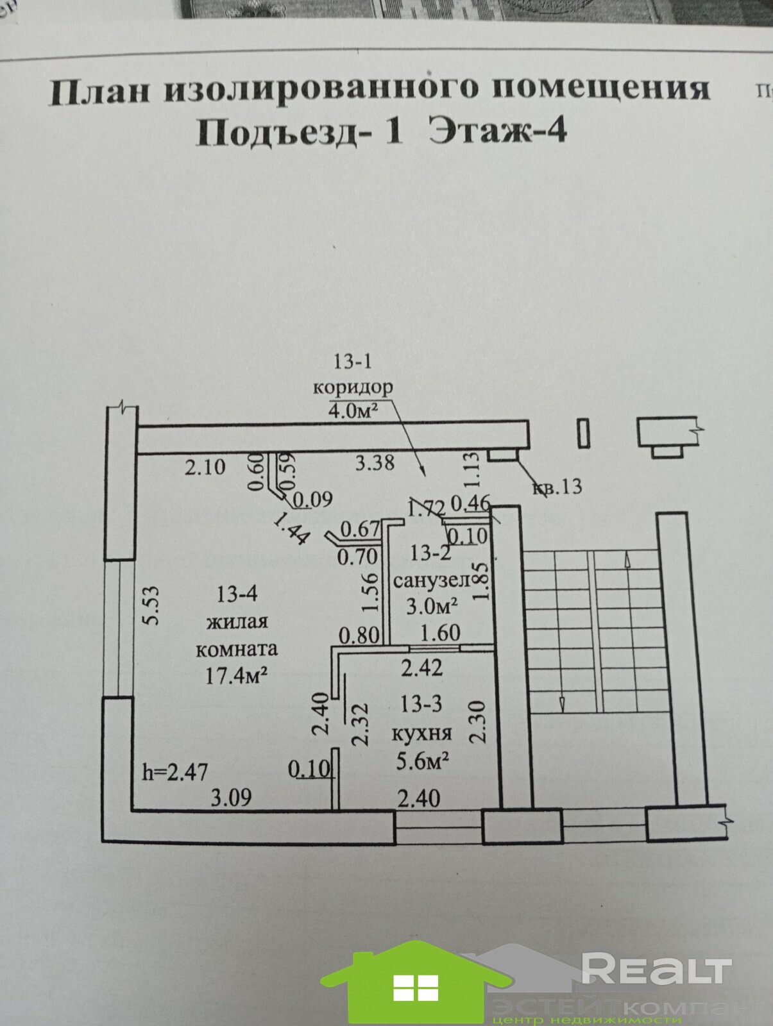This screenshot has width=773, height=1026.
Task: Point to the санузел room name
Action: point(431,580)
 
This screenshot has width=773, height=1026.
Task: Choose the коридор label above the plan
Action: point(352,387)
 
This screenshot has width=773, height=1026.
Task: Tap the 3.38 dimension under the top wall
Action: point(375,462)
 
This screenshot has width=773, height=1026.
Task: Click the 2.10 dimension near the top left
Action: point(205,466)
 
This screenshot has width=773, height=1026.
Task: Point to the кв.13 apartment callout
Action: point(557,487)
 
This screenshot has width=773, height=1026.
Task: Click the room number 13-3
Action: point(421,704)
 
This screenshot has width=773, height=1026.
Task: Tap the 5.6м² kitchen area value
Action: point(421,761)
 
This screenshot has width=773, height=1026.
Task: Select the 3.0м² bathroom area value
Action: point(432,605)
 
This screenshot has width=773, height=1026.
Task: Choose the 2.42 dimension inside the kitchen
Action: point(421,668)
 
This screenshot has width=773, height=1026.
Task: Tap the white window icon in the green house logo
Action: point(415,988)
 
